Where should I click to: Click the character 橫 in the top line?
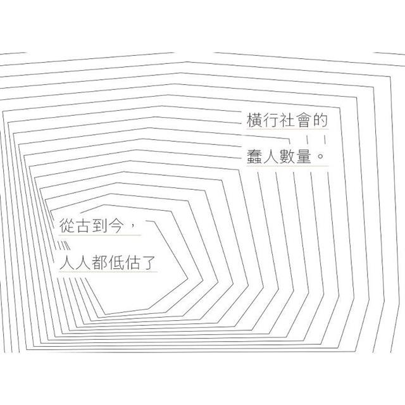[254, 120]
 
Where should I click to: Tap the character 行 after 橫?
[271, 120]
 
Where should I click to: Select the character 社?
[287, 120]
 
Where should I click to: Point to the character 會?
[304, 120]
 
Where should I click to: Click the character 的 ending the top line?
[321, 120]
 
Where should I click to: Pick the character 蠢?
[254, 156]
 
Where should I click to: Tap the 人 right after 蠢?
[271, 156]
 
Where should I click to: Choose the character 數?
[287, 156]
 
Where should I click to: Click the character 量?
[304, 156]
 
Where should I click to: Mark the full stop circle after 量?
[321, 156]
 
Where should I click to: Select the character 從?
[67, 225]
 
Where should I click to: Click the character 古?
[84, 225]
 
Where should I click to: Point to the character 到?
[100, 225]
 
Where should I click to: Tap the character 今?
[116, 225]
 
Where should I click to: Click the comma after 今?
[134, 225]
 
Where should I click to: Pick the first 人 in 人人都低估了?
[67, 263]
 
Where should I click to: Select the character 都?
[100, 263]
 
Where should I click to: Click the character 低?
[116, 263]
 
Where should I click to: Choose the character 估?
[133, 263]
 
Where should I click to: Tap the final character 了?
[149, 263]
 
